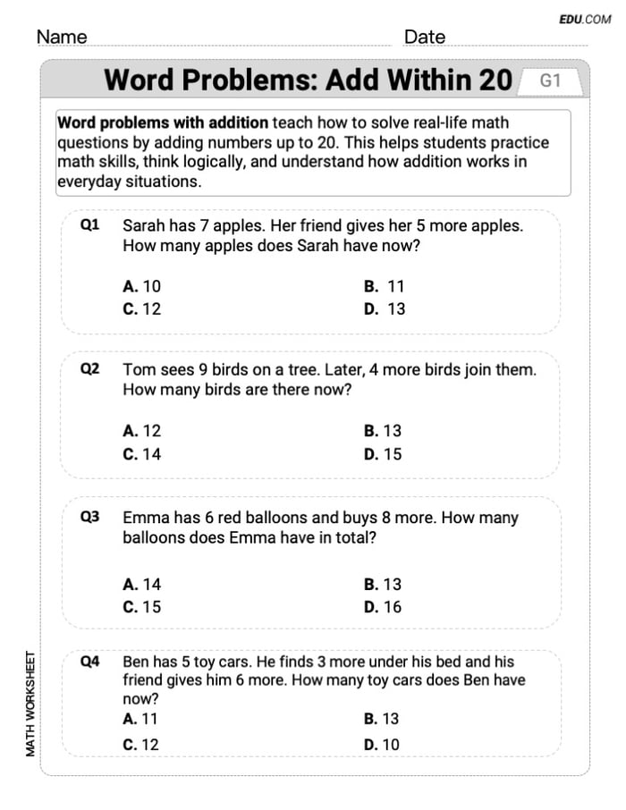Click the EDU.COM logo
pos(585,19)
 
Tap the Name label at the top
pos(62,37)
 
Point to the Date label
pos(425,37)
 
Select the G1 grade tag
pos(550,80)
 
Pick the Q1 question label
pos(89,225)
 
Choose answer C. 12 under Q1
pos(142,308)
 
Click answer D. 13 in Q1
pos(385,308)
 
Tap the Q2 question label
pos(89,368)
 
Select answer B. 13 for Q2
pos(383,431)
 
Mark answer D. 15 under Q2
pos(383,453)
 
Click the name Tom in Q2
pos(138,368)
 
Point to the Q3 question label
pos(89,517)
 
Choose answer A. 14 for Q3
pos(142,584)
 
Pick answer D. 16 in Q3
pos(383,606)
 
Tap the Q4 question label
pos(89,662)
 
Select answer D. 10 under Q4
pos(383,744)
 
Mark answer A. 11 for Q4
pos(140,718)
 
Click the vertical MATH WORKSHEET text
pos(30,704)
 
